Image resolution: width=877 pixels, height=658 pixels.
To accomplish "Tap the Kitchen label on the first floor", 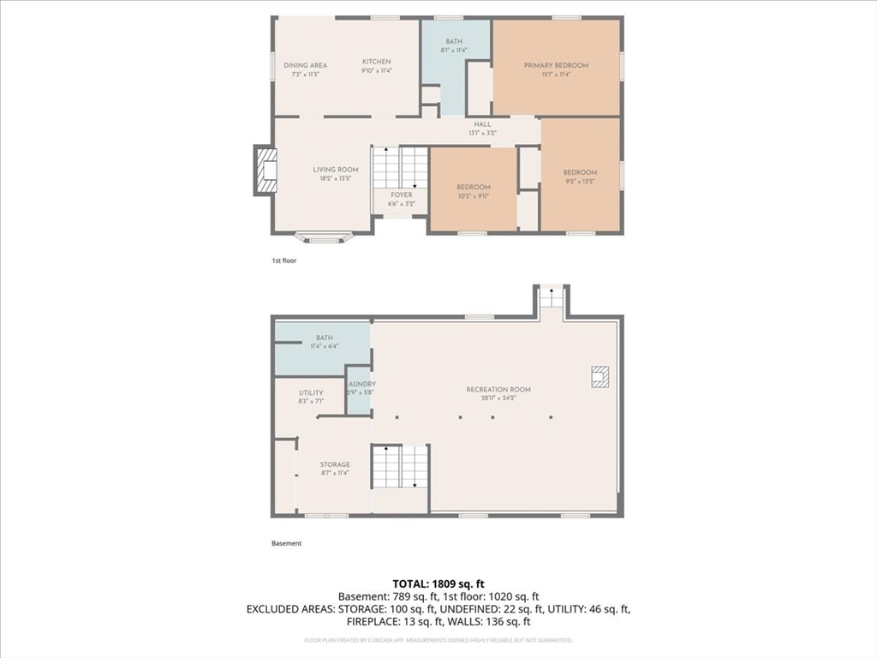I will pos(376,62).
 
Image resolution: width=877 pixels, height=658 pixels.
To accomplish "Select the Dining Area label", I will pos(306,65).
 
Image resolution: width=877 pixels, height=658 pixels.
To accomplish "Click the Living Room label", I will pos(335,170).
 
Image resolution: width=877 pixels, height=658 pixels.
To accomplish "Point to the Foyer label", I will pos(401,195).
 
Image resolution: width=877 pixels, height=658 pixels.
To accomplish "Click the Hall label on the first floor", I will pos(482,124).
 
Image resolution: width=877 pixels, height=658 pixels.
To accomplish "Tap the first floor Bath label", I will pos(454,42).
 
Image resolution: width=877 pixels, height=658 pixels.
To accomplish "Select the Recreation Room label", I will pos(498,390).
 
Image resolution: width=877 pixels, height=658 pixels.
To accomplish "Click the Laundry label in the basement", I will pos(360,384).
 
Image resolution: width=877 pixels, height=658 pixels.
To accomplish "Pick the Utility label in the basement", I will pos(311,392).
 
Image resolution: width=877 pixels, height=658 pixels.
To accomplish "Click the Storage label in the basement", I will pos(335,464).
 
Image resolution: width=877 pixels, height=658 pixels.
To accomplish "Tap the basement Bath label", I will pos(324,338).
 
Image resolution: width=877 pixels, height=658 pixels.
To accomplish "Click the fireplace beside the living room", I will pos(265,171).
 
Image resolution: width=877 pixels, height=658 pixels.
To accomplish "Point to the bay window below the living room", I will pos(323,237).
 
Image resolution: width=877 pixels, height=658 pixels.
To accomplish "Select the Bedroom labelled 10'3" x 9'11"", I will pos(473,188).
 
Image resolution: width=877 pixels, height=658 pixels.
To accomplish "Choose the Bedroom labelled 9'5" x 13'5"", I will pos(580,173).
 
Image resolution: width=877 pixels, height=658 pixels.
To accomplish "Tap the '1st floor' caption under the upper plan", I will pos(283,260).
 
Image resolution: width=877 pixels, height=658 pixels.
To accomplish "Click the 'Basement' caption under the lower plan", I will pos(286,543).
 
